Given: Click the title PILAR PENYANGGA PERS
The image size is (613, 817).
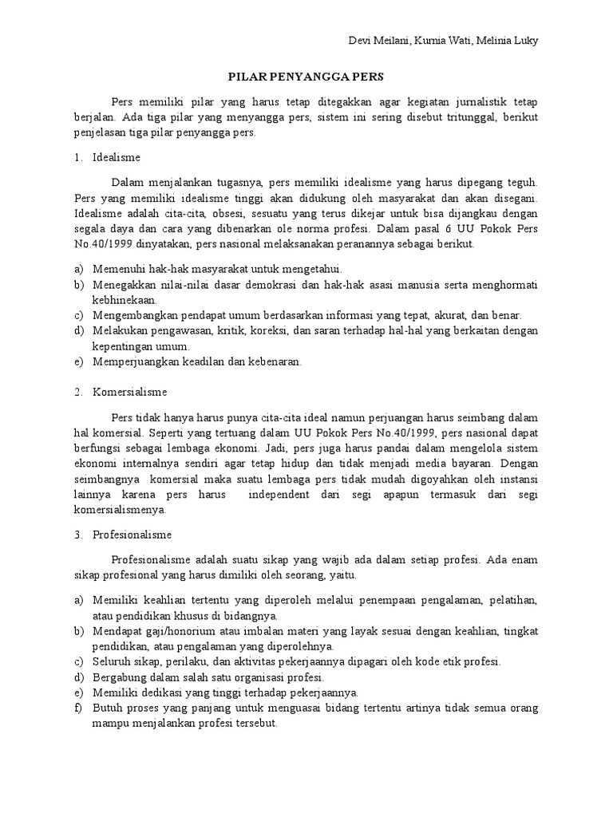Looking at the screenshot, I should (306, 78).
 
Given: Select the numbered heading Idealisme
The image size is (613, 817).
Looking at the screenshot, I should (117, 158).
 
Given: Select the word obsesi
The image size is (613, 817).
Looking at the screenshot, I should (214, 214).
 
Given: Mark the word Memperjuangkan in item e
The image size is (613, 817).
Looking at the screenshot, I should (131, 361).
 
